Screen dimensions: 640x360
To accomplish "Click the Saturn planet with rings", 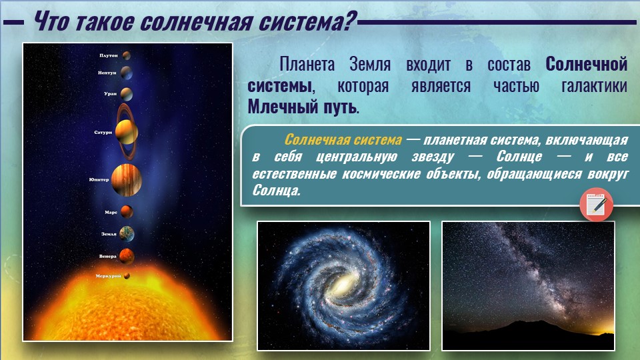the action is tap(127, 132).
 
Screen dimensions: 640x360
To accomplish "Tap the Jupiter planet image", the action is tap(127, 180).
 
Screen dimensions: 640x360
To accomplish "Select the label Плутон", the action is tap(109, 55).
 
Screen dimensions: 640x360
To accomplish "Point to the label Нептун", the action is tap(107, 73).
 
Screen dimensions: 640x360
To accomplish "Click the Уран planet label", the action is tap(110, 93).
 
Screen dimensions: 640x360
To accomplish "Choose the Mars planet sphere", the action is tap(127, 212).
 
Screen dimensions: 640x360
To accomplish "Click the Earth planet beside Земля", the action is tap(127, 234).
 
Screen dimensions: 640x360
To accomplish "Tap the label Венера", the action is tap(108, 256).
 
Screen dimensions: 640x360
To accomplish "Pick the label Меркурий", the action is tap(108, 276).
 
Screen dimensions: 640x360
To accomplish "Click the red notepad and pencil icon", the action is tap(596, 205).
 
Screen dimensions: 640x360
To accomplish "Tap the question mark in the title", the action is tap(350, 21).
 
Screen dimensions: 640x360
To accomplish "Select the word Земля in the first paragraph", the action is tap(370, 65).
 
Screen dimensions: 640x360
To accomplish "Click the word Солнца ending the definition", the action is tap(276, 190).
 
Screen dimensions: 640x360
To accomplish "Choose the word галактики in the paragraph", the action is tap(594, 86).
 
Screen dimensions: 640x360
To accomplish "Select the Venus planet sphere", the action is tap(127, 256).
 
